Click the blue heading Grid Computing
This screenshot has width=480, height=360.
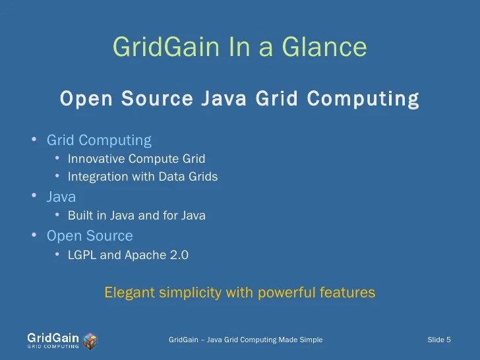point(99,140)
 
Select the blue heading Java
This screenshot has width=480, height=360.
point(61,197)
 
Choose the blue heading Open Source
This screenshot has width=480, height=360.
point(90,236)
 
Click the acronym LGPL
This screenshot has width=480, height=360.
point(82,255)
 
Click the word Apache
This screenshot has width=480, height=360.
point(143,255)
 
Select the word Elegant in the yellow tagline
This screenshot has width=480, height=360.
point(129,292)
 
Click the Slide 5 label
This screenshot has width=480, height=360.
point(439,340)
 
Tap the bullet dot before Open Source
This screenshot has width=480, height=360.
point(34,235)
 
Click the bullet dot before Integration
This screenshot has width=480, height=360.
point(58,176)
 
